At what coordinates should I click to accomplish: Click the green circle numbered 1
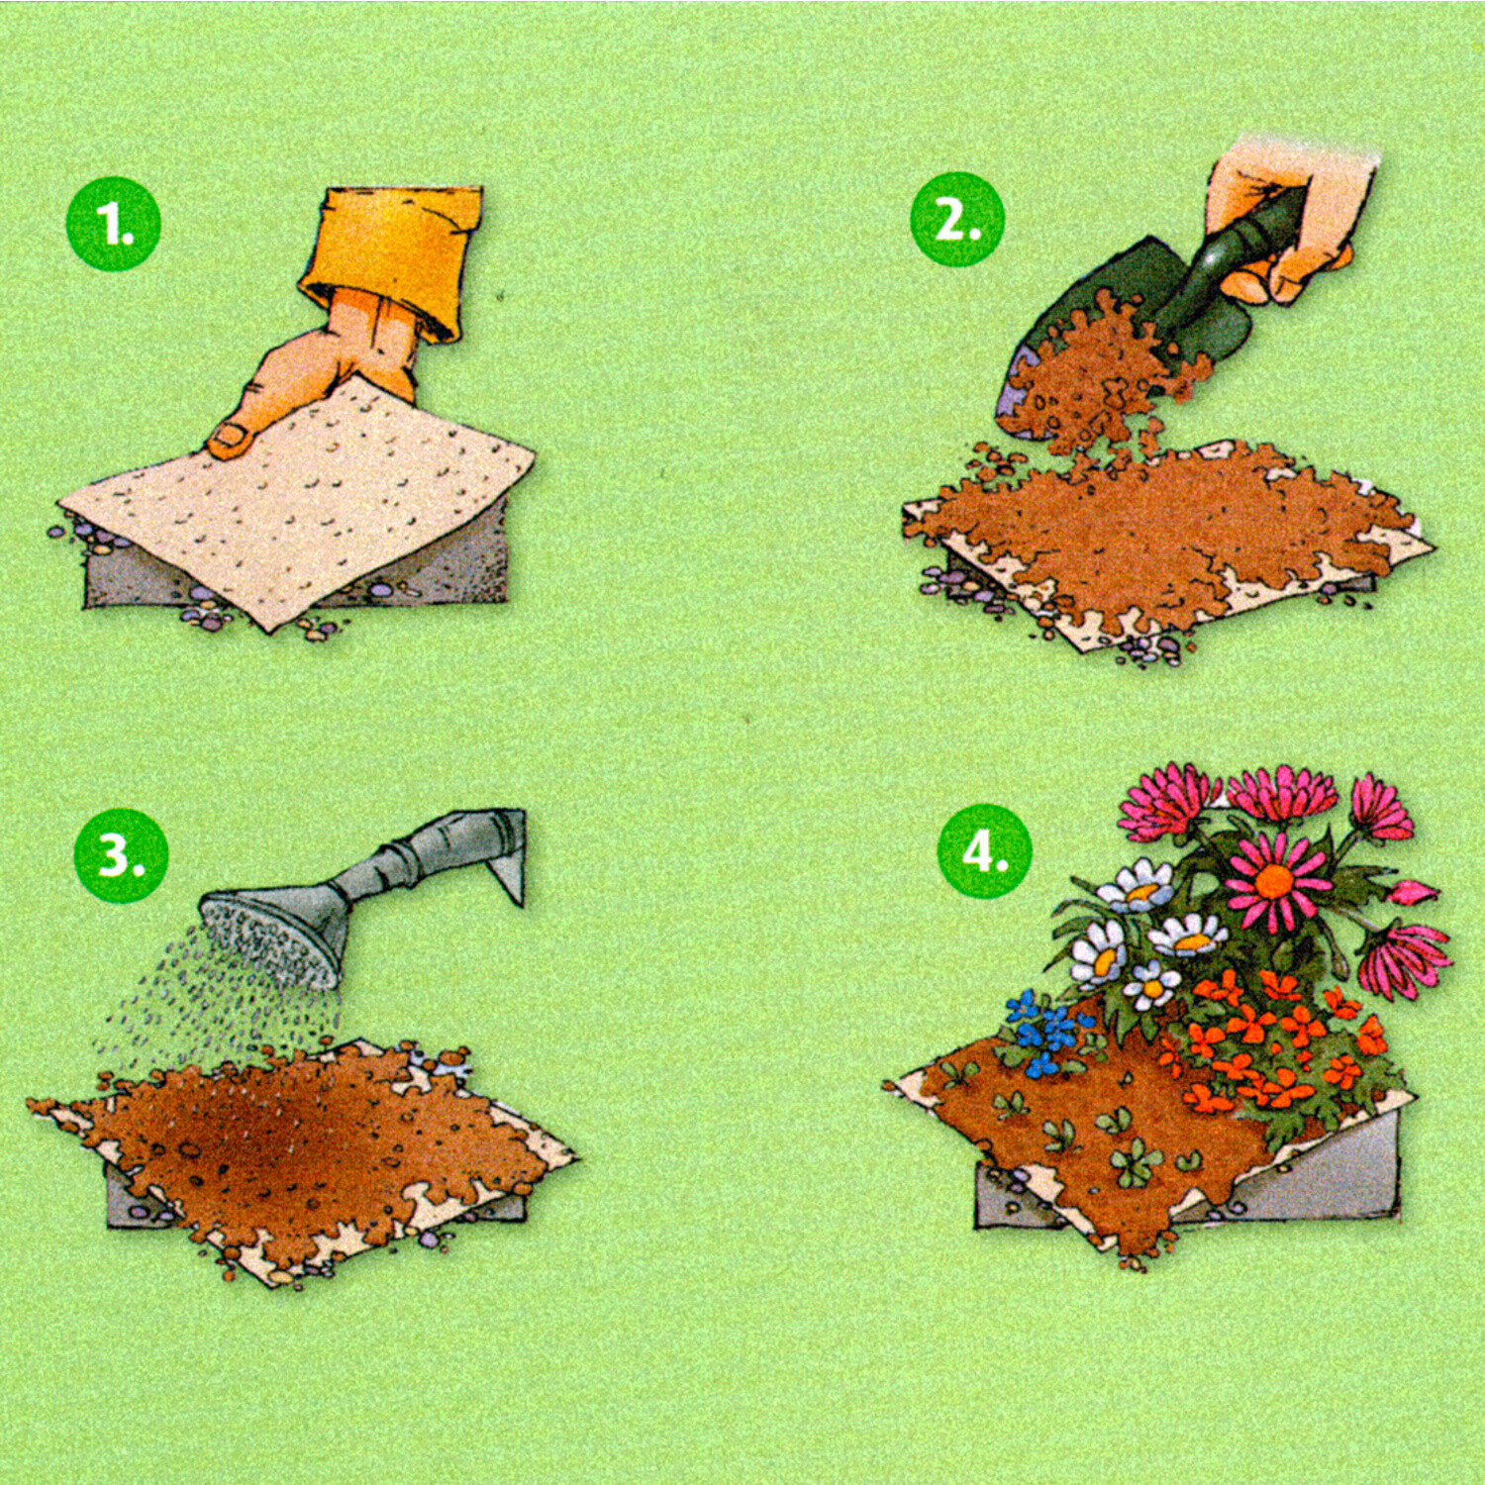click(x=113, y=224)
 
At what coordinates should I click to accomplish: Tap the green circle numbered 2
click(x=957, y=220)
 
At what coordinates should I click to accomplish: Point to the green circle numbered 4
click(x=985, y=850)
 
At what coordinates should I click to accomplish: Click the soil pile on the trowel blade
click(x=1099, y=376)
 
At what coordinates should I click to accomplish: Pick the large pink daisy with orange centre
click(x=1277, y=879)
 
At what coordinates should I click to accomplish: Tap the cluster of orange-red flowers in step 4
click(x=1277, y=1039)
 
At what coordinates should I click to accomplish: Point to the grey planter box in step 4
click(x=1188, y=1178)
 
